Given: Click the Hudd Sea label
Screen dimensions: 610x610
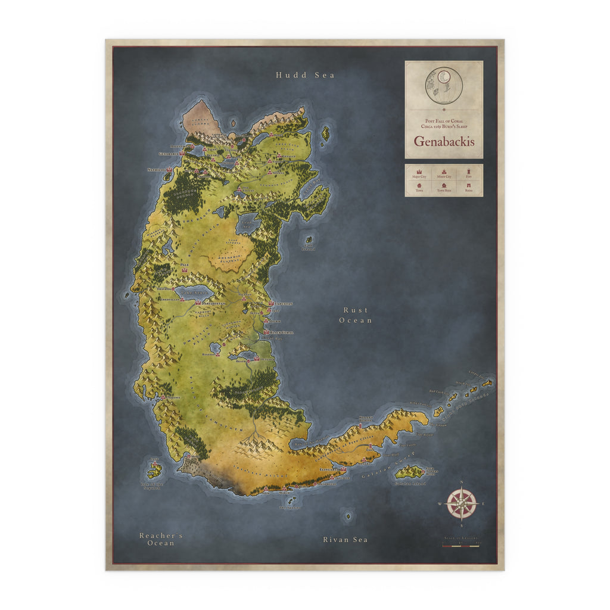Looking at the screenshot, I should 305,75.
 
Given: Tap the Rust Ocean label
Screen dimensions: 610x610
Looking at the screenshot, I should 356,315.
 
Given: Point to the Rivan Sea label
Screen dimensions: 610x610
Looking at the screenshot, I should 345,540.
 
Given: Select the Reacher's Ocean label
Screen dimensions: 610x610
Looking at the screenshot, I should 161,539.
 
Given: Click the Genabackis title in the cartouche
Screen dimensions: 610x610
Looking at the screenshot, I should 444,142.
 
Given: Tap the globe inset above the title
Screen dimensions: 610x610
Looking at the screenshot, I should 444,85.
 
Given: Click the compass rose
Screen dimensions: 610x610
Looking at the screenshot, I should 461,503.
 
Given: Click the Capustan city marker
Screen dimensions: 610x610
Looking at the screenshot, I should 272,304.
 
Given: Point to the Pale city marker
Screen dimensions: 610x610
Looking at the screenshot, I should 185,270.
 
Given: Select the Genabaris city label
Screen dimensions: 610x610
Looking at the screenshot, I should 169,154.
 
